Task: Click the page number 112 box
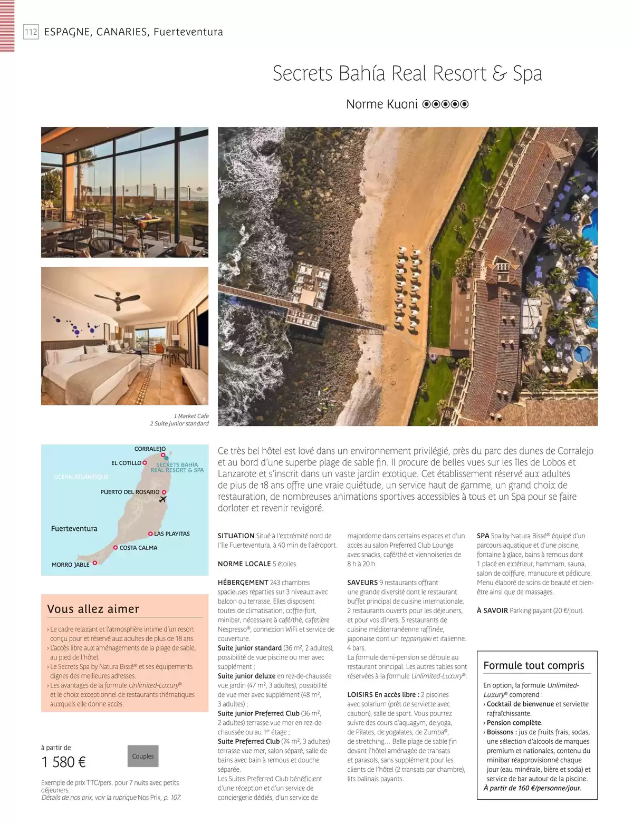click(31, 32)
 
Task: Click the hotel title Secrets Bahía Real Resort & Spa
click(407, 73)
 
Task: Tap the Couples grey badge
click(143, 756)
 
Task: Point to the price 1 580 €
click(64, 762)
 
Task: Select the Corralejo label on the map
click(150, 449)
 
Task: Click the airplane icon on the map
click(162, 499)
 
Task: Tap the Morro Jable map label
click(71, 565)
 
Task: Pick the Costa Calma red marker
click(115, 548)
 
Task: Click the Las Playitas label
click(171, 534)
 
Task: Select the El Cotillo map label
click(126, 463)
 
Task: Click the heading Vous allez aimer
click(93, 609)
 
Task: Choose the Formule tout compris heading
click(534, 665)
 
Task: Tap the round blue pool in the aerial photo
click(582, 353)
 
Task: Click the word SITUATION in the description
click(236, 536)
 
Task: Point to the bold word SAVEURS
click(362, 583)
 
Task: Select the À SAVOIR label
click(492, 610)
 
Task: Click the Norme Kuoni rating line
click(407, 104)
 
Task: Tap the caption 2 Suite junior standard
click(179, 423)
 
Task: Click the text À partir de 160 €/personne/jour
click(532, 788)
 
